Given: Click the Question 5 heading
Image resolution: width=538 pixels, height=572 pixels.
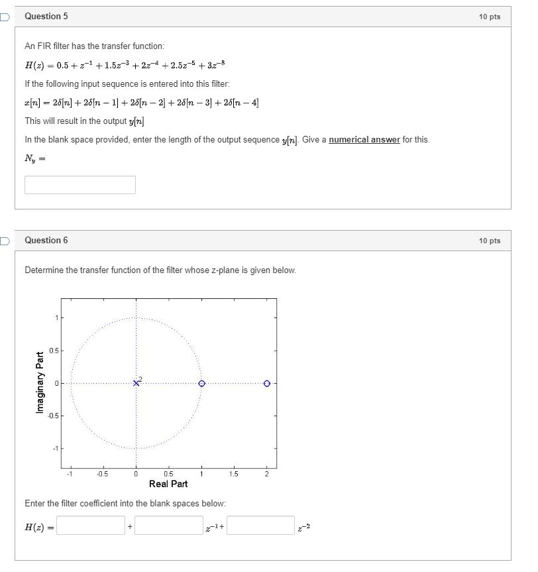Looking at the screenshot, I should [46, 16].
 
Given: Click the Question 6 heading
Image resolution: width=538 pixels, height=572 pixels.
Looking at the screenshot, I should [46, 240].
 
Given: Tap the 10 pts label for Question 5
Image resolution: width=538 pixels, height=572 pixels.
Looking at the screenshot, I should [490, 17].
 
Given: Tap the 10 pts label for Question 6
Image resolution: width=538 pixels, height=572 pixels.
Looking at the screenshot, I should [490, 241].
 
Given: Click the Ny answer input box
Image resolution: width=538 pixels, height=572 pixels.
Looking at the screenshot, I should [80, 185].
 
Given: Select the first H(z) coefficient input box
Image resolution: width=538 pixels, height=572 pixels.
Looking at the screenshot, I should [91, 526].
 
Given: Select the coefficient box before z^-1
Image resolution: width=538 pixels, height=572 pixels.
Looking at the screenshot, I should [169, 526].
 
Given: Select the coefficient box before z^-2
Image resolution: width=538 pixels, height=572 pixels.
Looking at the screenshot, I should [260, 526].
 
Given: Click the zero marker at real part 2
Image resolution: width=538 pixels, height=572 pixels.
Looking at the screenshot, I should [266, 383].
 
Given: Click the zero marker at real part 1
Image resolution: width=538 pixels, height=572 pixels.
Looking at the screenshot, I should [201, 383].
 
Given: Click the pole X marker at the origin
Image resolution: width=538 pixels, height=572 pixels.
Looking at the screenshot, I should [136, 383].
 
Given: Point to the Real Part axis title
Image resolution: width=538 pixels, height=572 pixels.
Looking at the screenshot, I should [168, 484].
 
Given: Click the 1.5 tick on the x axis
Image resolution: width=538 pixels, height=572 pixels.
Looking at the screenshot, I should [234, 474].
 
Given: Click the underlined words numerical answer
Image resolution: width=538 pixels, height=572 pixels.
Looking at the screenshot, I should [364, 140].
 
